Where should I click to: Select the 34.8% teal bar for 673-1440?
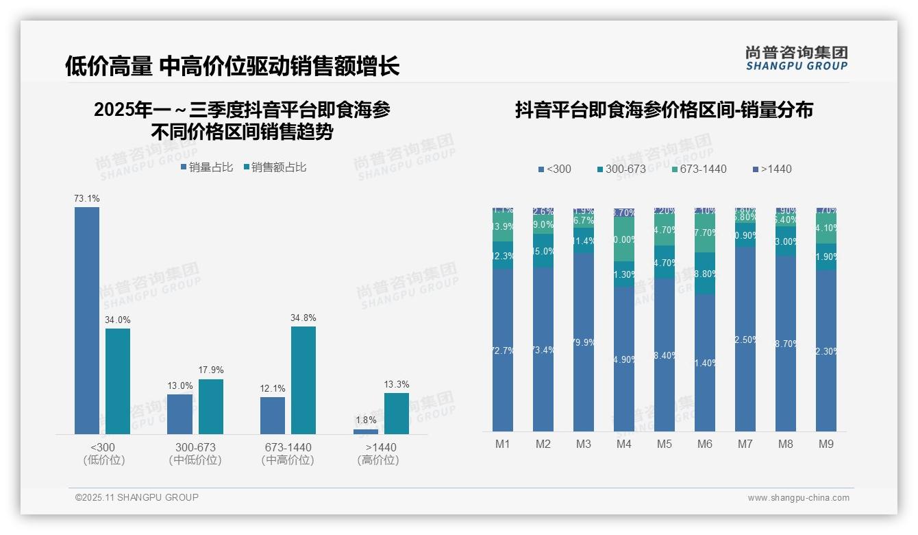click(x=303, y=380)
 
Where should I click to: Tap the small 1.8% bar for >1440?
click(x=366, y=431)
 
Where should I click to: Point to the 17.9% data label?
click(x=211, y=370)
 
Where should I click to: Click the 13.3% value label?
click(x=397, y=384)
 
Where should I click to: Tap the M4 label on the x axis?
click(x=624, y=444)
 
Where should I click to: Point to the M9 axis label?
click(x=826, y=444)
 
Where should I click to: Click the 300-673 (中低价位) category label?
click(x=195, y=453)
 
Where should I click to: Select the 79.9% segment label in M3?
click(x=584, y=342)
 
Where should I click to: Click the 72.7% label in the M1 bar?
click(x=503, y=350)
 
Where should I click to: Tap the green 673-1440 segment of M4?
click(x=624, y=239)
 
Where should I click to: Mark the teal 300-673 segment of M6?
click(x=705, y=274)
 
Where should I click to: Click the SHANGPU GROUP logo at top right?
click(x=796, y=58)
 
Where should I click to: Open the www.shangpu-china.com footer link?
click(x=798, y=498)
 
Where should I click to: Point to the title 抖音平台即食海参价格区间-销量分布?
click(x=664, y=110)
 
